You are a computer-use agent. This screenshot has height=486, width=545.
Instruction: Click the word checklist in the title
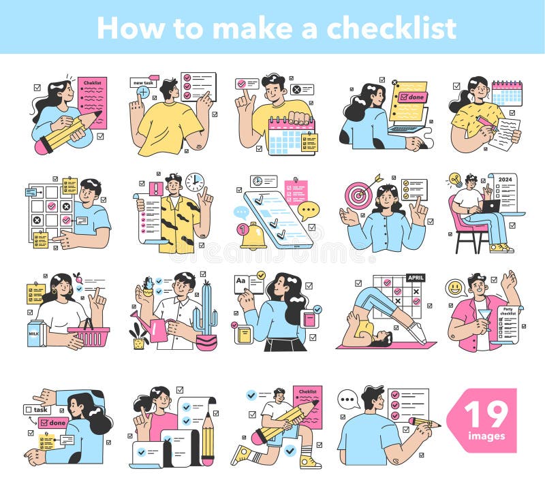pos(391,27)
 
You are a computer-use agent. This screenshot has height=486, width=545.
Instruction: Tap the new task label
pos(142,82)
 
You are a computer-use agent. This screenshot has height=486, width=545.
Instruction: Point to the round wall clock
pos(195,182)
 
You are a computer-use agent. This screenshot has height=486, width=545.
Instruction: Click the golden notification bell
pos(253,235)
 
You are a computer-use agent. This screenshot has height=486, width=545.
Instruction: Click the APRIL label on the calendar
pos(416,278)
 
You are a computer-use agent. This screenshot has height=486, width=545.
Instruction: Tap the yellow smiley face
pos(455,288)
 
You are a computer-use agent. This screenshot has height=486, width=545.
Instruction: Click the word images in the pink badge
pos(486,436)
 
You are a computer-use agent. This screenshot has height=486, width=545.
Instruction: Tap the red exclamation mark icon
pos(155,189)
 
